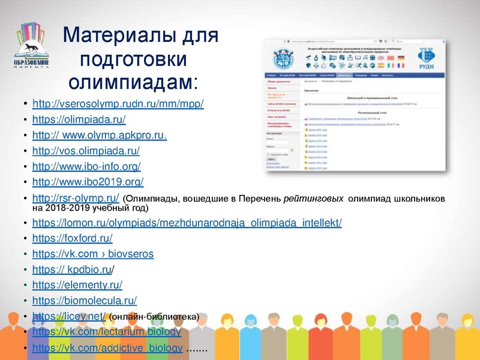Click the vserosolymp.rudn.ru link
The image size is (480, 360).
coord(118,104)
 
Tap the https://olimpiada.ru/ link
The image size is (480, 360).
coord(79,119)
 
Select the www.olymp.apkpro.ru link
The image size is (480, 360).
coord(99,135)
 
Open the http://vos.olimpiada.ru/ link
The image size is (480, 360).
coord(86,151)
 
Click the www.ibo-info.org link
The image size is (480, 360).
coord(86,166)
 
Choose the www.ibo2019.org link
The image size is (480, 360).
coord(88,182)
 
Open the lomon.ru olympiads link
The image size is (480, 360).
coord(187,223)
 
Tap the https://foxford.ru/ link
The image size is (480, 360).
coord(72,238)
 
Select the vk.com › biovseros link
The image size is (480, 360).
coord(93,254)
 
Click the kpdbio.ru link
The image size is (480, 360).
coord(72,269)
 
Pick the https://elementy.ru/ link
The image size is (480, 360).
coord(77,285)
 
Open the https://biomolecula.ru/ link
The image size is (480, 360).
coord(85,301)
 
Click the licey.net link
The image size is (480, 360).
coord(69,316)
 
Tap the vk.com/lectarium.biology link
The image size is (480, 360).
coord(106,332)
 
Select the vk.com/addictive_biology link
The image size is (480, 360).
coord(107,348)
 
